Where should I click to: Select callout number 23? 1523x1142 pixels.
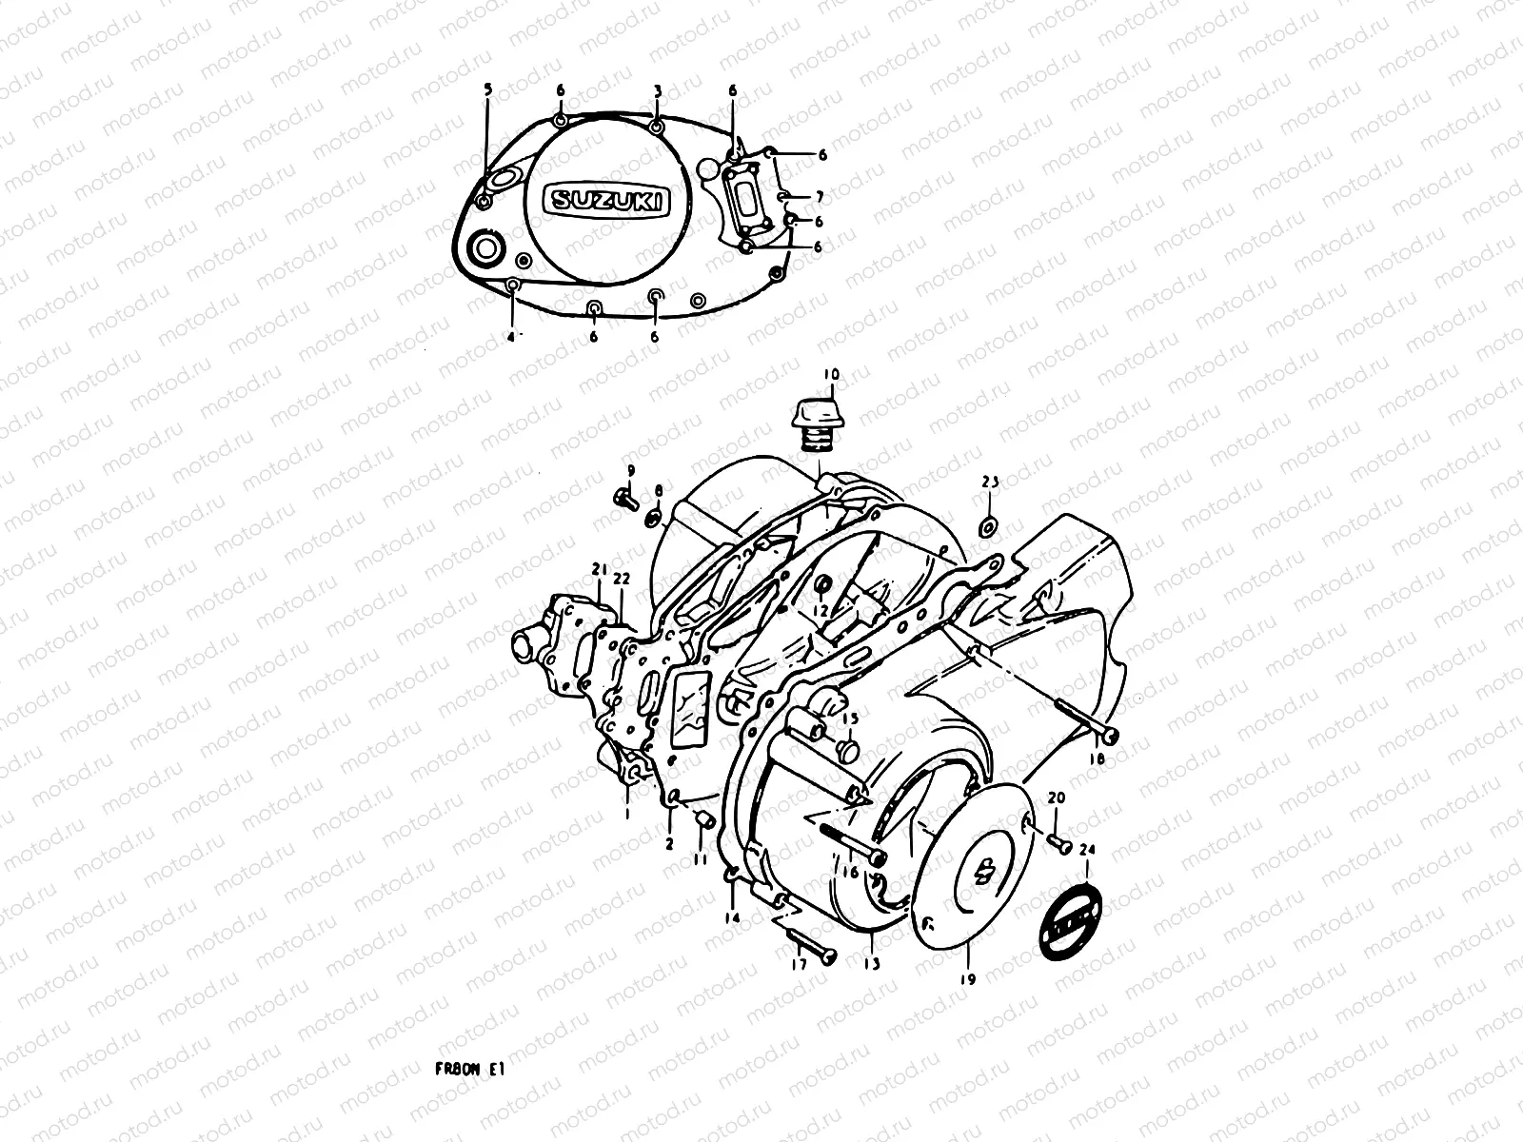click(990, 482)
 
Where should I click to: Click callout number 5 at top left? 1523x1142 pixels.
click(488, 89)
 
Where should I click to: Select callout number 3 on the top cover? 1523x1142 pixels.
click(657, 89)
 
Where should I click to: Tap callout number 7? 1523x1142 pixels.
click(819, 196)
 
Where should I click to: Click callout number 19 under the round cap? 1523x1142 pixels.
click(970, 975)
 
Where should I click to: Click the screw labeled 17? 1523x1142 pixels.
click(809, 942)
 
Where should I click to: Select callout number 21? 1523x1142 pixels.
click(598, 569)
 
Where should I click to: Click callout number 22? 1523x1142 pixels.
click(621, 578)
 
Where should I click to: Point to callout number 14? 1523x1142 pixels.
click(732, 918)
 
